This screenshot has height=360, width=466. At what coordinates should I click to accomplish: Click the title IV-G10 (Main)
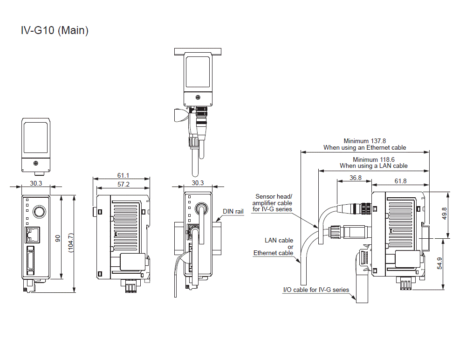[x=55, y=31]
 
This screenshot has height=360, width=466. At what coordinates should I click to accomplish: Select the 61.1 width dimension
[x=123, y=175]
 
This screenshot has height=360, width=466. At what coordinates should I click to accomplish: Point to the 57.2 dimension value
[x=123, y=184]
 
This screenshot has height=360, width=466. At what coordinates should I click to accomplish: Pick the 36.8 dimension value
[x=356, y=178]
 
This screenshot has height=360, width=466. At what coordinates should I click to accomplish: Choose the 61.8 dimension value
[x=400, y=181]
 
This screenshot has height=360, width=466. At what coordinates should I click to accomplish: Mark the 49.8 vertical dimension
[x=445, y=213]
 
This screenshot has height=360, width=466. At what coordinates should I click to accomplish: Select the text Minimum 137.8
[x=365, y=140]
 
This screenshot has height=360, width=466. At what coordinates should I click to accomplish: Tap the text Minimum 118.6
[x=373, y=159]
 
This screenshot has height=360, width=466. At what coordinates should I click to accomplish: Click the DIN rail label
[x=233, y=211]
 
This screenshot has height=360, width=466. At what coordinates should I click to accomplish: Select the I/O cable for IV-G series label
[x=316, y=290]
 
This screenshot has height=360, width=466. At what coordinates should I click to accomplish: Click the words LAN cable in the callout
[x=279, y=240]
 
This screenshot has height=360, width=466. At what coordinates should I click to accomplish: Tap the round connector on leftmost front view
[x=40, y=212]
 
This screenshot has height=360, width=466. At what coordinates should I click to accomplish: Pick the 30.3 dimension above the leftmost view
[x=36, y=183]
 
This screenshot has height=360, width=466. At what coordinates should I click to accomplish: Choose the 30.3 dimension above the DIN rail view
[x=198, y=183]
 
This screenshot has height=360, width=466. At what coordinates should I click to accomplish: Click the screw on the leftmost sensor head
[x=36, y=164]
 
